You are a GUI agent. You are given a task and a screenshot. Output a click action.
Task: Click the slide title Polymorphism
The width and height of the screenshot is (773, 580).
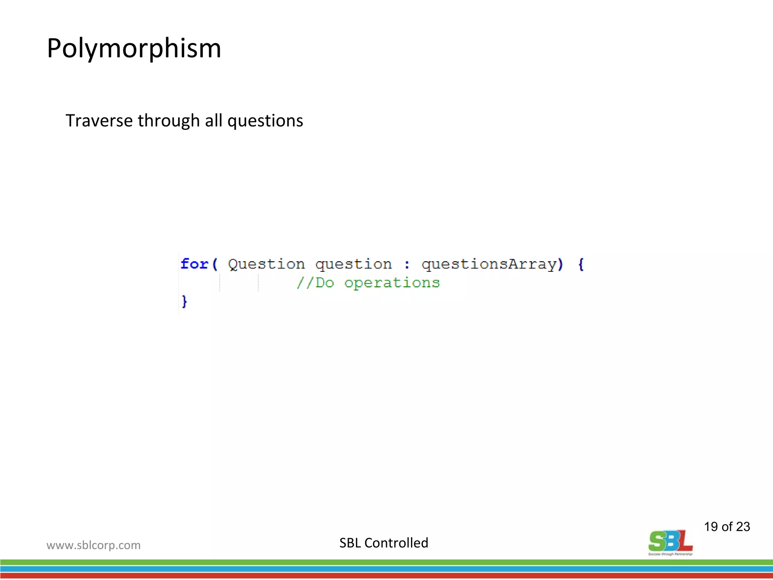[134, 48]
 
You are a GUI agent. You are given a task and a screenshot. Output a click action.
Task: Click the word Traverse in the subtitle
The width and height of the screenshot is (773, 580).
[99, 121]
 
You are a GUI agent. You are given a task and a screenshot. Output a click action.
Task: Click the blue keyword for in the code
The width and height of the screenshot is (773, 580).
[194, 264]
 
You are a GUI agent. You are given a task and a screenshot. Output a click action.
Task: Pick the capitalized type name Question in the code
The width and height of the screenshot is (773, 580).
[266, 264]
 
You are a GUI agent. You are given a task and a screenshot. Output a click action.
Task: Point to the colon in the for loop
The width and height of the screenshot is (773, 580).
[407, 264]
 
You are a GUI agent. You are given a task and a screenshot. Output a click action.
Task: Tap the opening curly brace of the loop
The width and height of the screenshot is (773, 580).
[581, 264]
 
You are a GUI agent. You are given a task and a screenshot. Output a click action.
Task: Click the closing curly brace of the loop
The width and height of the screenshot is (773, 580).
[184, 301]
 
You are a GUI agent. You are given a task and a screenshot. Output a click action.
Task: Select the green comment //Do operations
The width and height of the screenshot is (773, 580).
[368, 283]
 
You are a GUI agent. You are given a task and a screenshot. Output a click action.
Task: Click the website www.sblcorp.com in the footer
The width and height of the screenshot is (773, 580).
[93, 545]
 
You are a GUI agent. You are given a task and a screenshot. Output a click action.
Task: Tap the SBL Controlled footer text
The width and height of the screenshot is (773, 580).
[383, 543]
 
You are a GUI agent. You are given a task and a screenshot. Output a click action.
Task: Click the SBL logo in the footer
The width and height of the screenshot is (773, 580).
[670, 542]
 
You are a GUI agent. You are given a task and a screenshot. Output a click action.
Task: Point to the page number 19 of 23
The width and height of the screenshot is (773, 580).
[727, 526]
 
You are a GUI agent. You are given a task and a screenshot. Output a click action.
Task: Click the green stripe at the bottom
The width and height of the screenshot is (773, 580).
[386, 562]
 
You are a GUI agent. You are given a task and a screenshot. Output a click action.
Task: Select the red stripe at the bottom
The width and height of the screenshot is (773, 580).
[386, 576]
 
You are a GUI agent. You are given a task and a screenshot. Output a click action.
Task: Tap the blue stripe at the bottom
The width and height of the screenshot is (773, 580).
[386, 569]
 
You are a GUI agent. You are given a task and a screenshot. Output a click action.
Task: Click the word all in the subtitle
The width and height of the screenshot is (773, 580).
[213, 121]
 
